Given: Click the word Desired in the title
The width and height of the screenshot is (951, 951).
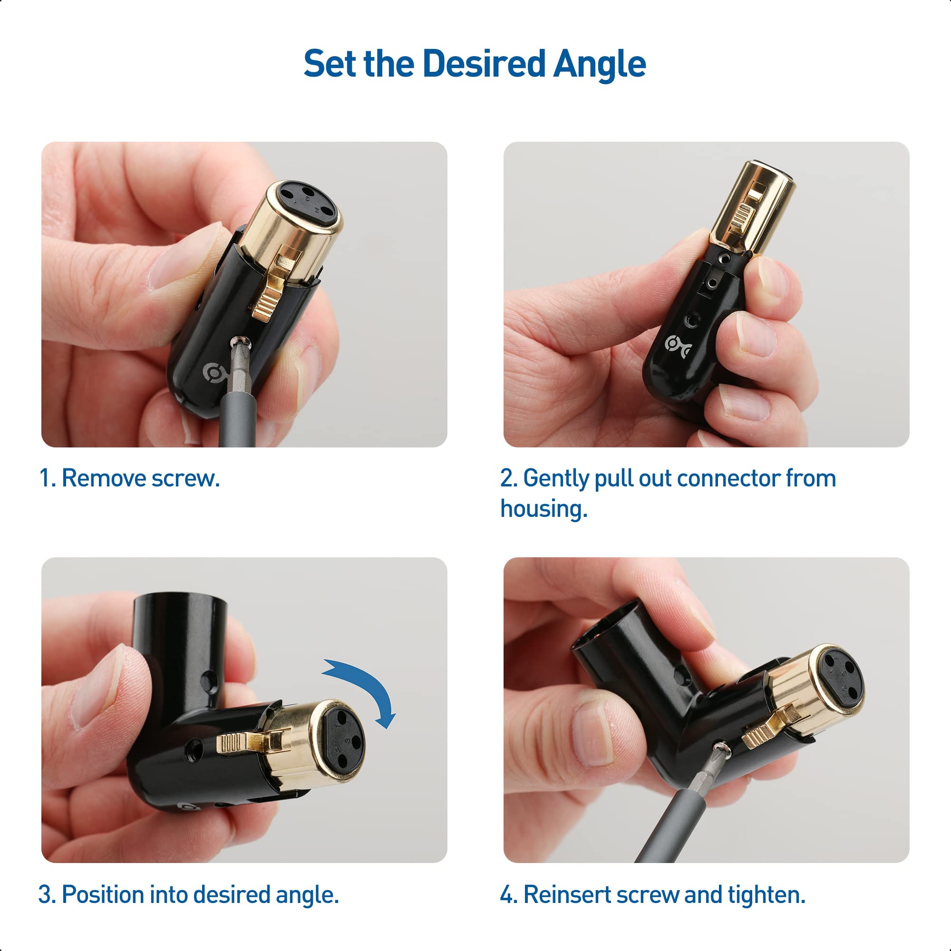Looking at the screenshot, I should point(484,65).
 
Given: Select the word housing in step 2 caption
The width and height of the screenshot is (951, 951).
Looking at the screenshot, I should point(544,509).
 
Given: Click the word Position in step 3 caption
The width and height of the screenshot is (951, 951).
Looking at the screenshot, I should point(103,894).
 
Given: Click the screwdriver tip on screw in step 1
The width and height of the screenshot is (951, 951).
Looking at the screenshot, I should point(240,343).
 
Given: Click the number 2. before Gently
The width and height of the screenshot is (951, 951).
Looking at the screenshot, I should point(508,478).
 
